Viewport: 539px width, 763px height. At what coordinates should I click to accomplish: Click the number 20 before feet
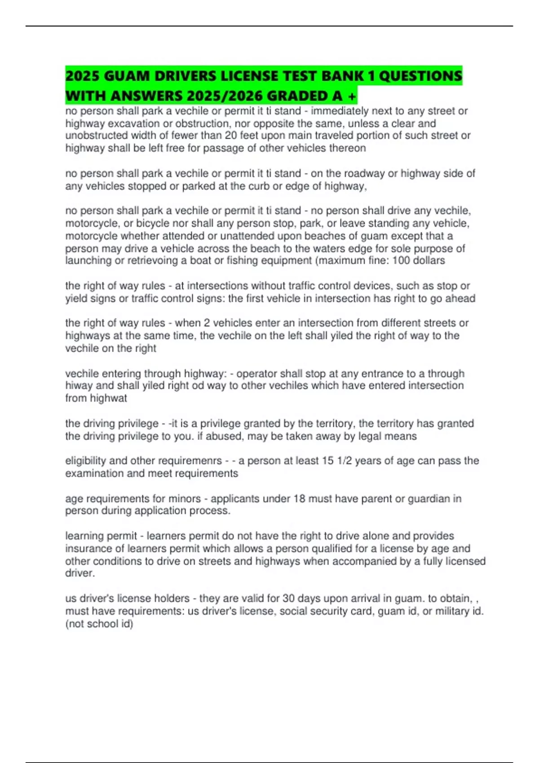pos(231,136)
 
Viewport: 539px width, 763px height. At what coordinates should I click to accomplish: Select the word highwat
pos(108,398)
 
